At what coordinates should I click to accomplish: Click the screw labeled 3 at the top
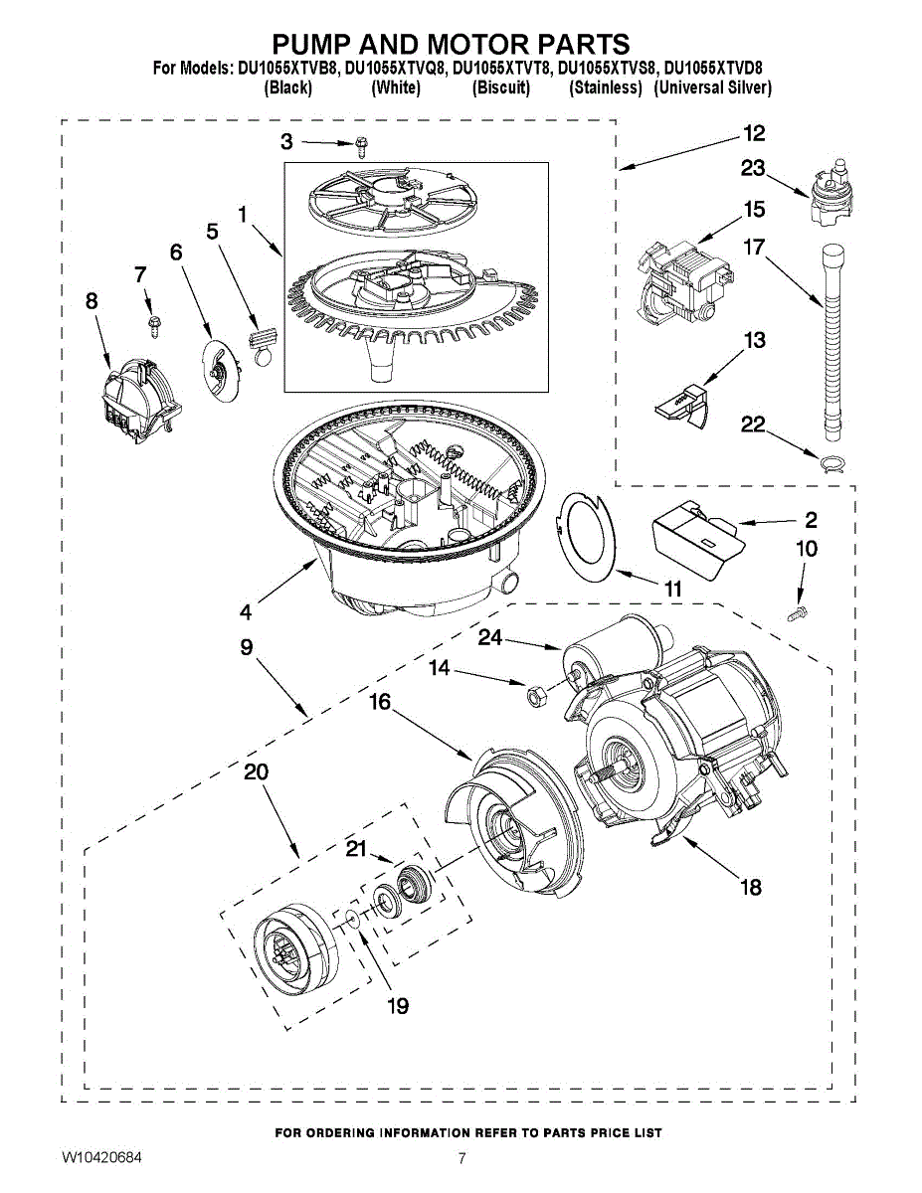coord(361,148)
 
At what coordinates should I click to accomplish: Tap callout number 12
coord(753,134)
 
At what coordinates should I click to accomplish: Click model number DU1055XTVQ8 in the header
coord(396,69)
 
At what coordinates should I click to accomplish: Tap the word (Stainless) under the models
coord(605,87)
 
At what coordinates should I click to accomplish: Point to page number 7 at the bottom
coord(461,1158)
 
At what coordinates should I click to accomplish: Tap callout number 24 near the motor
coord(490,637)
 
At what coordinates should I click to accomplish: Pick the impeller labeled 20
coord(290,944)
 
